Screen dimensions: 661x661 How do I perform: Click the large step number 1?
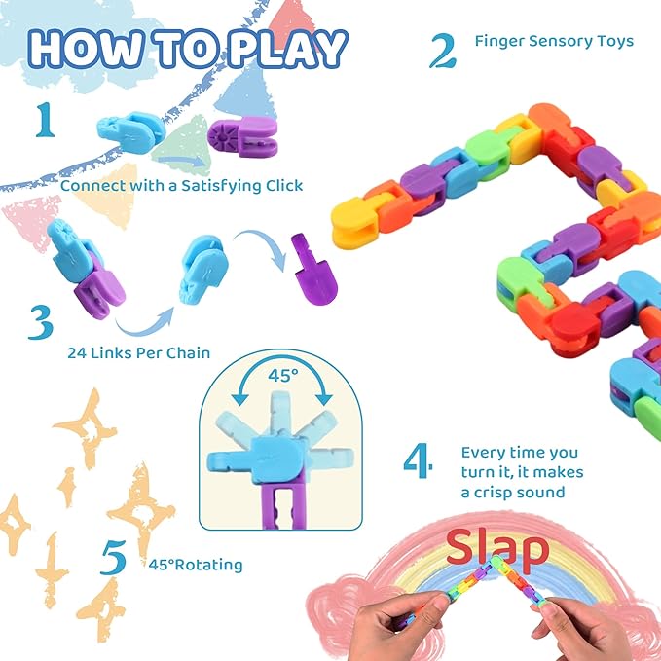coord(46,120)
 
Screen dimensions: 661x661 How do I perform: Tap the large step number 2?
coord(443,51)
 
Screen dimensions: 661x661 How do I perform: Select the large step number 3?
coord(41,322)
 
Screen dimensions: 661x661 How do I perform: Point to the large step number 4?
coord(418,460)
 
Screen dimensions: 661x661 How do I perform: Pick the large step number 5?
coord(113,557)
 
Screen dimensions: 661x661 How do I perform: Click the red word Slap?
coord(497,547)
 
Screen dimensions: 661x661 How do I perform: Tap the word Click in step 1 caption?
coord(284,186)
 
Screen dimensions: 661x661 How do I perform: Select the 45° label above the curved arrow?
coord(283,375)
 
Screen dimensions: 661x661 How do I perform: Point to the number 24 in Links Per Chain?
coord(77,352)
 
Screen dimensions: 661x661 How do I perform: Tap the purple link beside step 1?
coord(242,136)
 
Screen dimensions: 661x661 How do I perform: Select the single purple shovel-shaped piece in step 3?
coord(313,269)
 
